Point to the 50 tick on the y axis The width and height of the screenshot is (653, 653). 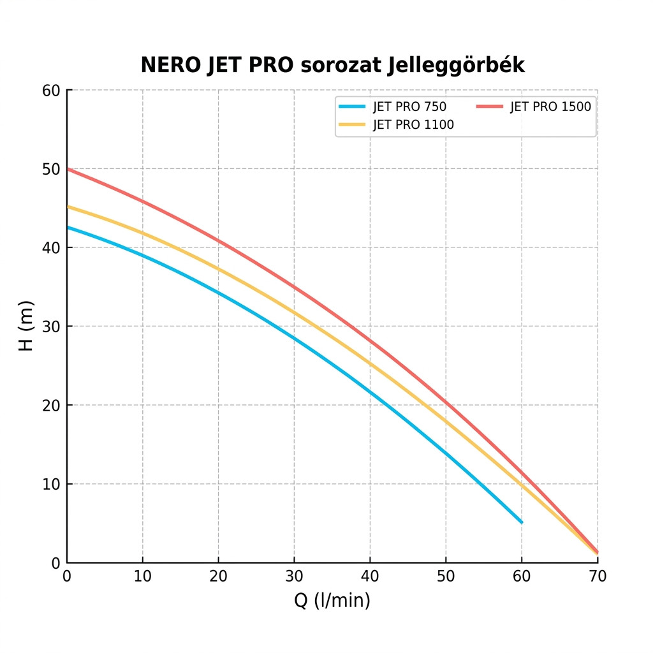(x=50, y=169)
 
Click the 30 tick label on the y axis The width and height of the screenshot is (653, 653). (x=50, y=326)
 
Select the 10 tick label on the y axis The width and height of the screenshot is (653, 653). (x=50, y=484)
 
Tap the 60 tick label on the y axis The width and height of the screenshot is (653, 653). (x=50, y=91)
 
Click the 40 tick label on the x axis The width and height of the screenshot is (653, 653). (x=370, y=577)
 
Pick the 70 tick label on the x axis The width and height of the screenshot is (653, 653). (x=598, y=577)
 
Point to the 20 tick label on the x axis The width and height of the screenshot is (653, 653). (x=218, y=577)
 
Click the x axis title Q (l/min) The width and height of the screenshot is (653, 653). (x=332, y=601)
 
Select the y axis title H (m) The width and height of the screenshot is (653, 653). (x=26, y=326)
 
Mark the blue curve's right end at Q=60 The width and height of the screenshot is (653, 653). (x=522, y=522)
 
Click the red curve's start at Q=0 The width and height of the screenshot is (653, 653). (x=68, y=169)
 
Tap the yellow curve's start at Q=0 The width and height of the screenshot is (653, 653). (x=68, y=207)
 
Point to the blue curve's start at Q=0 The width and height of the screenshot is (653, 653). (x=68, y=227)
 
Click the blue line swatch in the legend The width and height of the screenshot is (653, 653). (x=353, y=106)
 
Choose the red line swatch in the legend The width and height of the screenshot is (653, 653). (x=490, y=106)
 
